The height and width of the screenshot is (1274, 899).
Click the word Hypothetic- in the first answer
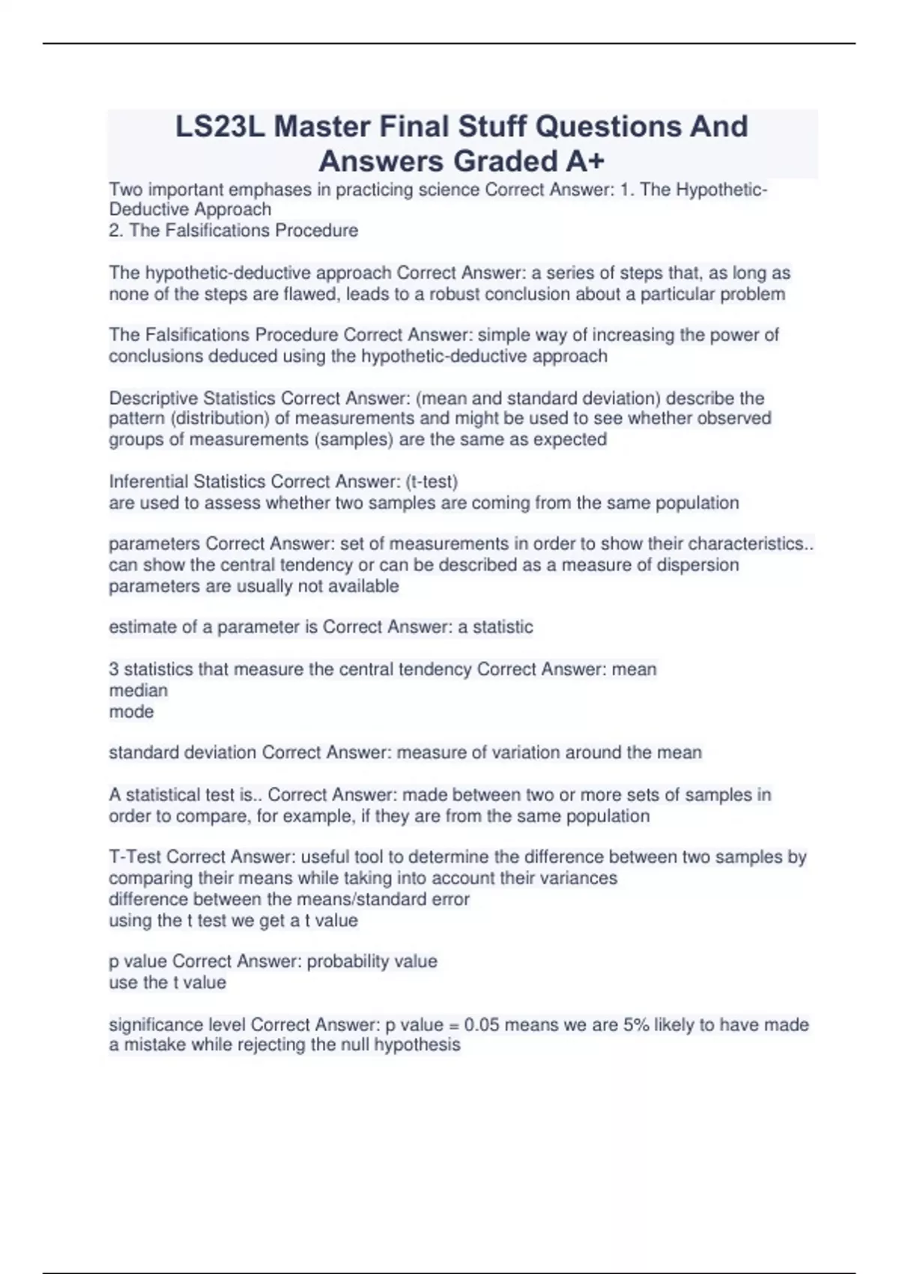point(721,190)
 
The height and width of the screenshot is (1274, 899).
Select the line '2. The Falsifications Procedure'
point(233,230)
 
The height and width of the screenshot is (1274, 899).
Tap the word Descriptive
point(154,398)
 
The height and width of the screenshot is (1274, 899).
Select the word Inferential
point(148,481)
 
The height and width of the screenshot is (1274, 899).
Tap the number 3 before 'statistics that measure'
point(114,669)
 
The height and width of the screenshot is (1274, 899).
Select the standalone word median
point(138,690)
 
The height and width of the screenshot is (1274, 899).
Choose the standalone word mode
point(131,711)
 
